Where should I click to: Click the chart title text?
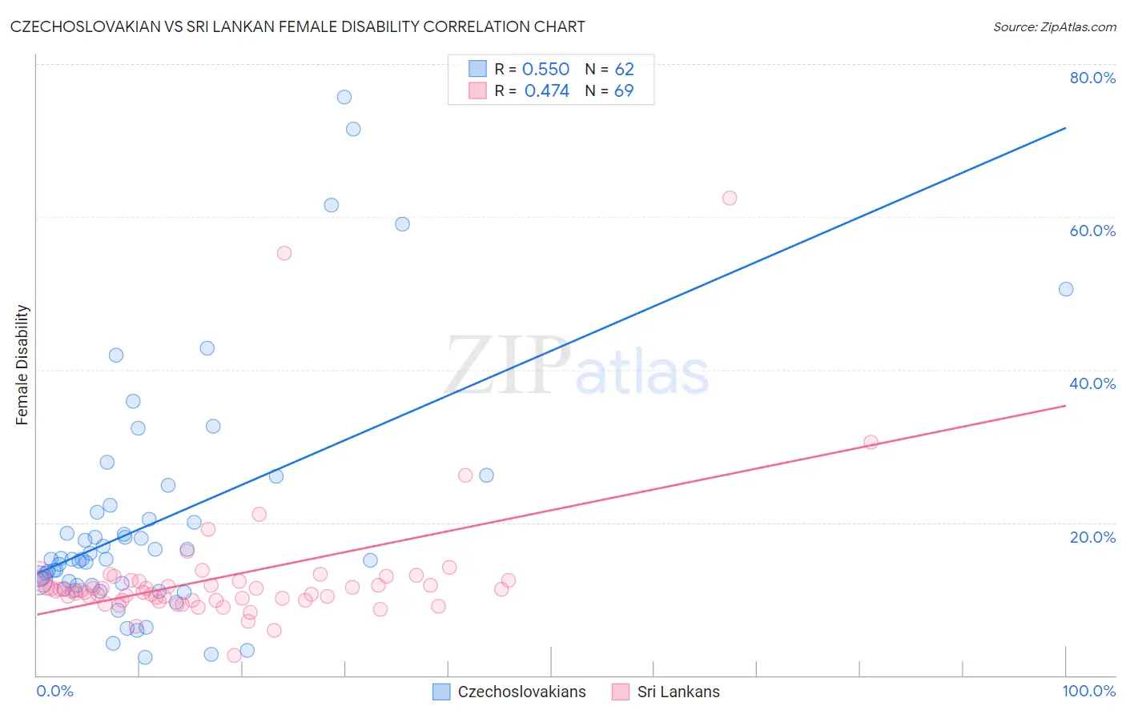point(297,26)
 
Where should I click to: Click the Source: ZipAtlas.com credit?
point(1054,27)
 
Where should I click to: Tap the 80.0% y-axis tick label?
point(1092,78)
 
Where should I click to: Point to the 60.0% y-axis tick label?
point(1092,231)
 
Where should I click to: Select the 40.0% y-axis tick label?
point(1092,383)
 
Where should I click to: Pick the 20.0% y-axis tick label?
point(1092,536)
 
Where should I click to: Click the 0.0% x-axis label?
point(54,691)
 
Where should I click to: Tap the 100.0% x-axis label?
point(1088,691)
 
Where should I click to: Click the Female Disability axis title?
point(22,364)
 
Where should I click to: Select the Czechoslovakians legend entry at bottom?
point(509,692)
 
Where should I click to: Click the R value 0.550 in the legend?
point(545,70)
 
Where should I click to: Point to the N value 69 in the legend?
point(624,91)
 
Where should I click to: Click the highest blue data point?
point(344,97)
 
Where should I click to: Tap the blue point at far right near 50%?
point(1066,289)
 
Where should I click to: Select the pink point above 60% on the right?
point(730,198)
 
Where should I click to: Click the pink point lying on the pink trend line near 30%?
point(871,442)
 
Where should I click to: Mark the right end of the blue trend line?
point(1066,128)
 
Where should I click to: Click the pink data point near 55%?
point(284,253)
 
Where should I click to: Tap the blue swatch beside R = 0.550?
point(478,69)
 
